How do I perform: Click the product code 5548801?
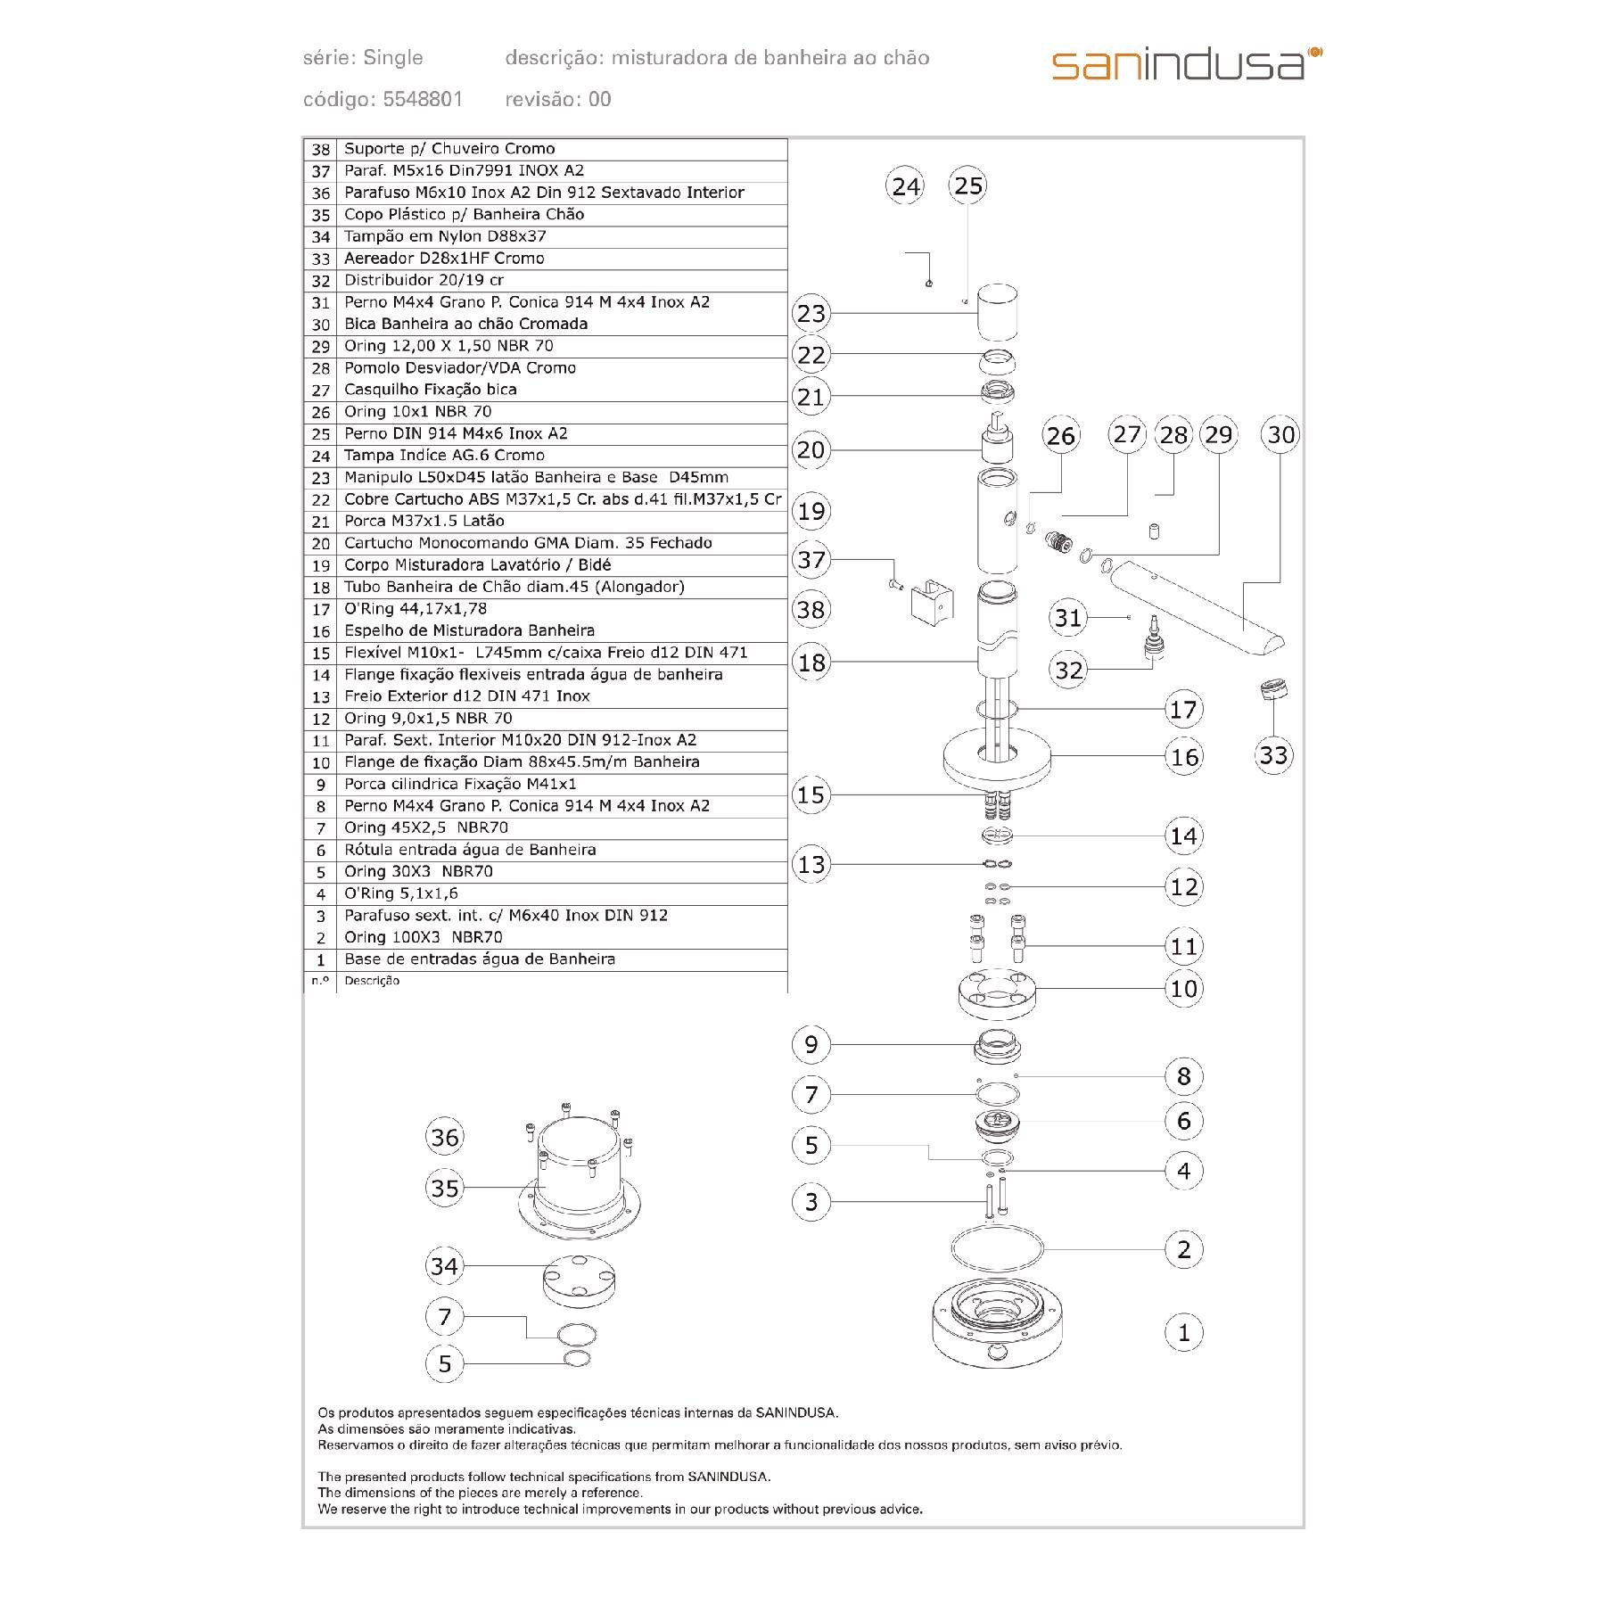point(423,99)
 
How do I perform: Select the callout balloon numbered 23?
point(811,314)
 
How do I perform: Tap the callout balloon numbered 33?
point(1273,755)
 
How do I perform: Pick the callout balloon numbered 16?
point(1184,757)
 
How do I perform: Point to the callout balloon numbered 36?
point(445,1137)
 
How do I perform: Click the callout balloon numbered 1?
point(1184,1333)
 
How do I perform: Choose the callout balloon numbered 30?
point(1281,435)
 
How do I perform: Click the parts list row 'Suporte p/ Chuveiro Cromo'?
point(449,149)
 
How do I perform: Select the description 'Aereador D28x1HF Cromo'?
point(444,259)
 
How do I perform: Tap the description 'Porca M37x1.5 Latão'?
point(424,521)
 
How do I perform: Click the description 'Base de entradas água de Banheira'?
point(480,959)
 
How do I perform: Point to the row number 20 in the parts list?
point(321,543)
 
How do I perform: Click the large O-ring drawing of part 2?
point(997,1248)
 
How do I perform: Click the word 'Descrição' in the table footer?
point(372,981)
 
